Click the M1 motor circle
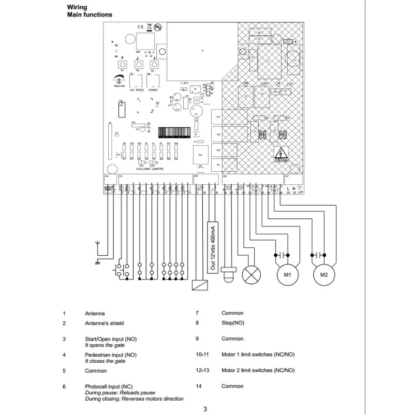[x=286, y=274]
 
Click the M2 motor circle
[x=324, y=274]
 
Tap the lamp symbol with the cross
[x=252, y=274]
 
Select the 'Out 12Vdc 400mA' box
[x=212, y=247]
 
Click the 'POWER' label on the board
[x=153, y=90]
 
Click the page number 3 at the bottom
[x=205, y=409]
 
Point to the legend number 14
[x=198, y=386]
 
